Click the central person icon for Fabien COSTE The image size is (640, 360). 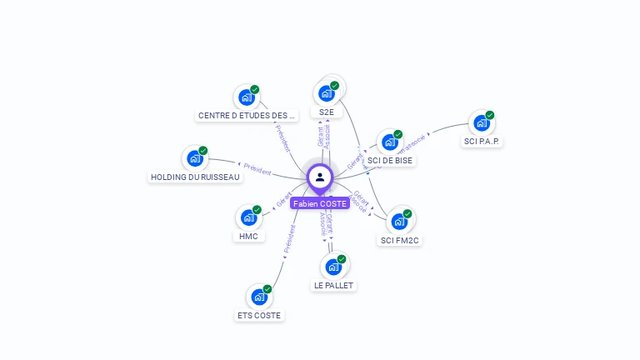click(320, 177)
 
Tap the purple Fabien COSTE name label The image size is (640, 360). click(320, 203)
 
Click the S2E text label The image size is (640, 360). click(326, 112)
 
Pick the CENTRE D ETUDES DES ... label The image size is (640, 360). click(247, 115)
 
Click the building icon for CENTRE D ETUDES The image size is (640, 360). click(246, 97)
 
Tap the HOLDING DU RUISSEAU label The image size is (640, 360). click(195, 177)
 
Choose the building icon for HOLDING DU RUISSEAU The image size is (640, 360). click(194, 158)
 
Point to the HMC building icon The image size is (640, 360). click(248, 217)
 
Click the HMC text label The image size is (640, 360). click(248, 236)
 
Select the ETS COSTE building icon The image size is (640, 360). click(259, 297)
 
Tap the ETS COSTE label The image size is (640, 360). click(259, 315)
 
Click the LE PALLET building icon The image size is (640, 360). click(333, 267)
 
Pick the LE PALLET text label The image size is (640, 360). click(333, 285)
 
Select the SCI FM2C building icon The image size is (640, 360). click(400, 222)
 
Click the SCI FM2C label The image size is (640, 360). click(400, 240)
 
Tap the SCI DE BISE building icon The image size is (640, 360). click(389, 142)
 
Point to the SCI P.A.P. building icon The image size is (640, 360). click(481, 123)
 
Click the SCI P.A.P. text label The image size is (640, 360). click(482, 141)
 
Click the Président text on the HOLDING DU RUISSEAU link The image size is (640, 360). click(257, 170)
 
